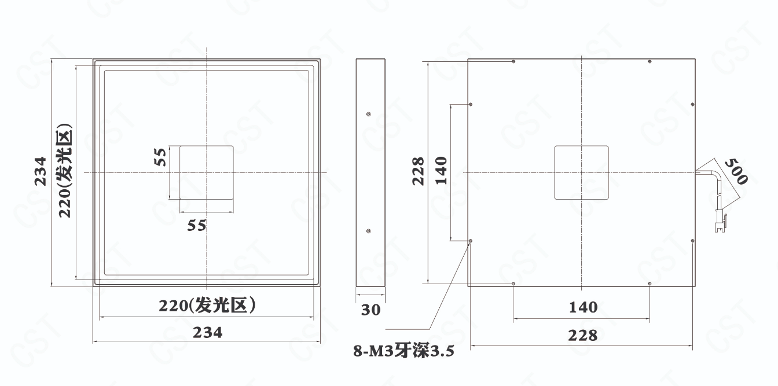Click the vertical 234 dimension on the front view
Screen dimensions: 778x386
click(x=41, y=171)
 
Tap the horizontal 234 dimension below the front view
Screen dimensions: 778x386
click(x=207, y=333)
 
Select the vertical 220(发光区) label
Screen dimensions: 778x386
click(x=65, y=170)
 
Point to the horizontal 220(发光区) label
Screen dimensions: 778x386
click(x=207, y=306)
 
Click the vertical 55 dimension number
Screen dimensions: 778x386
click(x=160, y=157)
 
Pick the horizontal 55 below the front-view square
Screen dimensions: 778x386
click(x=197, y=226)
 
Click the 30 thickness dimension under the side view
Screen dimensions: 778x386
click(x=370, y=310)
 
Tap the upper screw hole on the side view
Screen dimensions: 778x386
click(x=369, y=114)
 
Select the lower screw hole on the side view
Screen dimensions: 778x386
click(x=369, y=231)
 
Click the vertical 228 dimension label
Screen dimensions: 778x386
click(x=418, y=171)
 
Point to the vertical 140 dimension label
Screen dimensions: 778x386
click(x=441, y=171)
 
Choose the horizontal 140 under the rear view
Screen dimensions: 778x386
click(x=583, y=307)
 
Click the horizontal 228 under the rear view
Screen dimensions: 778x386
click(x=583, y=335)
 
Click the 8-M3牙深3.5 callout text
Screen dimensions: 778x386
click(x=403, y=351)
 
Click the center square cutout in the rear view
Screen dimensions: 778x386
click(x=581, y=172)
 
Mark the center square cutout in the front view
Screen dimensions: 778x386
click(x=207, y=172)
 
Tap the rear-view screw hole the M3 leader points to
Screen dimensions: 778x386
click(x=471, y=241)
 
